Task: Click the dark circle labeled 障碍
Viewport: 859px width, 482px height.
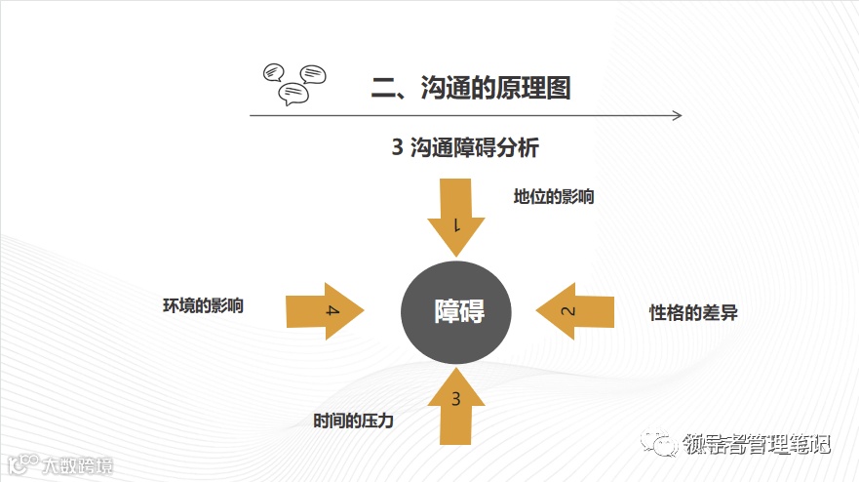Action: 458,311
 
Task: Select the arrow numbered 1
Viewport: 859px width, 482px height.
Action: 456,214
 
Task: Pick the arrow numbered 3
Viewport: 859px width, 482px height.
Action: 456,405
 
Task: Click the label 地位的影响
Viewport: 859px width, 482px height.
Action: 554,196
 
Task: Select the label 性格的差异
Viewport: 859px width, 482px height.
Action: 700,313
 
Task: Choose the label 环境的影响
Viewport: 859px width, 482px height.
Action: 203,305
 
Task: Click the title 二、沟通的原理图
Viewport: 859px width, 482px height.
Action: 471,87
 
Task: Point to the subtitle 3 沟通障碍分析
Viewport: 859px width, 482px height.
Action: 465,148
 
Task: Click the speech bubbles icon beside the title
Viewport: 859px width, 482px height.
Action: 294,83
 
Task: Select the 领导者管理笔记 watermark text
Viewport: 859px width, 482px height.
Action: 756,445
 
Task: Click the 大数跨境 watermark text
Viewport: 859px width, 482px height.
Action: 77,465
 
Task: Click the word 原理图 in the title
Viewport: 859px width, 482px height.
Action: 534,87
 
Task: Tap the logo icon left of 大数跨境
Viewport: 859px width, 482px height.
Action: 21,463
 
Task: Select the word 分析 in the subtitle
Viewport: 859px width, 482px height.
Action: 518,148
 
